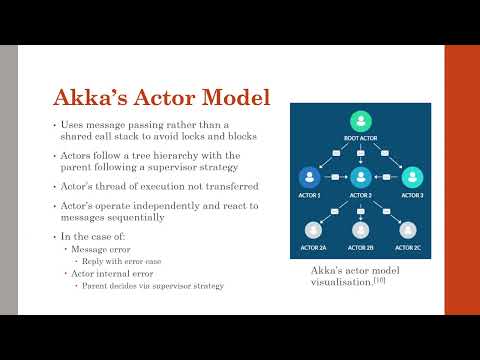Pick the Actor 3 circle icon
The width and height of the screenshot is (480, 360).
(408, 176)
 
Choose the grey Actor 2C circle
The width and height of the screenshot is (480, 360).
(408, 230)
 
